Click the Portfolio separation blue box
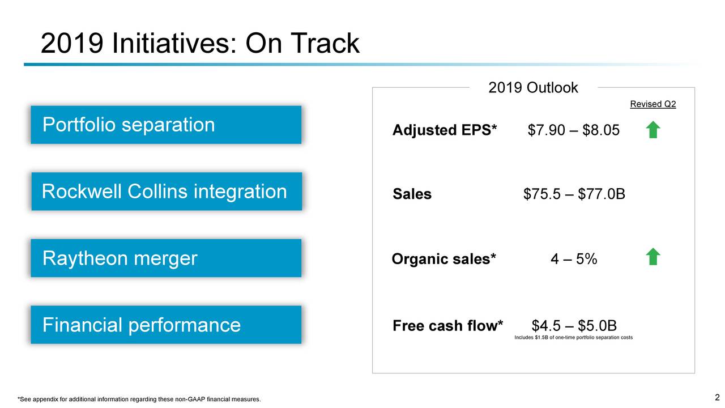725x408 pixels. pyautogui.click(x=166, y=125)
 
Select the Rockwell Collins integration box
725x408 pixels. pyautogui.click(x=167, y=192)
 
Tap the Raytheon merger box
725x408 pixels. pyautogui.click(x=166, y=258)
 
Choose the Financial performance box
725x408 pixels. pyautogui.click(x=166, y=325)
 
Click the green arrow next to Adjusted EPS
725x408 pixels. pyautogui.click(x=653, y=130)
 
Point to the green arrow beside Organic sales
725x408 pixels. pyautogui.click(x=653, y=257)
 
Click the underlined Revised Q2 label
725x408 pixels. pyautogui.click(x=653, y=104)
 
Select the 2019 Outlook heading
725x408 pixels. pyautogui.click(x=533, y=88)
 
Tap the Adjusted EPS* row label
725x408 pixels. pyautogui.click(x=445, y=130)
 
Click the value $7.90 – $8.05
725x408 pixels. pyautogui.click(x=574, y=130)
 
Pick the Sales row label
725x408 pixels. pyautogui.click(x=412, y=194)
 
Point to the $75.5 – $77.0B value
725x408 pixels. pyautogui.click(x=574, y=194)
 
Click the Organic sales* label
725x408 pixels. pyautogui.click(x=443, y=259)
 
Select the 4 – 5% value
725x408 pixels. pyautogui.click(x=574, y=259)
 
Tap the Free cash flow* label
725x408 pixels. pyautogui.click(x=448, y=326)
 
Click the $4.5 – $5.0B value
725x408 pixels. pyautogui.click(x=574, y=326)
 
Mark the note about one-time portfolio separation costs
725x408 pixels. pyautogui.click(x=574, y=337)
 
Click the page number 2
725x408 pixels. pyautogui.click(x=717, y=397)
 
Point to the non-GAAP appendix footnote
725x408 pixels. pyautogui.click(x=139, y=399)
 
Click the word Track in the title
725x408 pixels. pyautogui.click(x=325, y=43)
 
